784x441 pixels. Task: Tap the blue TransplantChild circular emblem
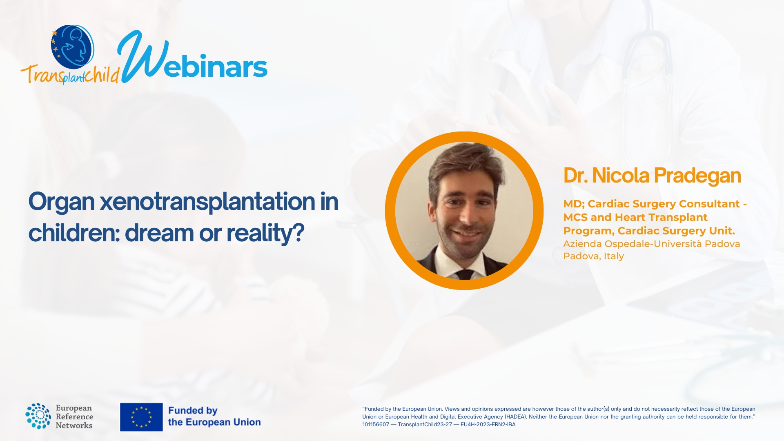pos(73,47)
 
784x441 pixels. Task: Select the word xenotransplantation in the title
pos(207,202)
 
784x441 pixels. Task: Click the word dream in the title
pos(159,233)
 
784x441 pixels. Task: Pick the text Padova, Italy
pos(594,256)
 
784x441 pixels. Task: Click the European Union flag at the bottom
pos(141,417)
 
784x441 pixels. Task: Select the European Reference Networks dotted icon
pos(38,416)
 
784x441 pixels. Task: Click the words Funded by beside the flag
pos(193,410)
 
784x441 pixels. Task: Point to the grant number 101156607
pos(376,425)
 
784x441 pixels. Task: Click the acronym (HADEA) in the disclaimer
pos(516,417)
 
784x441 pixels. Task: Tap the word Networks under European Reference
pos(74,425)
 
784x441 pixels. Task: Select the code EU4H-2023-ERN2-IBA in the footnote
pos(488,425)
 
